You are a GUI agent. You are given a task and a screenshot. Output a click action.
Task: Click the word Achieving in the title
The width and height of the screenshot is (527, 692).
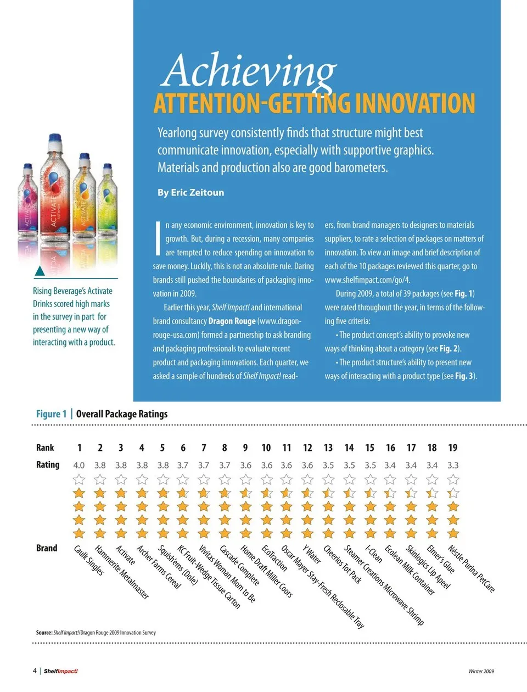pos(250,71)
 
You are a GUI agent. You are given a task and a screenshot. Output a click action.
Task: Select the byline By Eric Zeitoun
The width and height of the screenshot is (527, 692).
pos(190,193)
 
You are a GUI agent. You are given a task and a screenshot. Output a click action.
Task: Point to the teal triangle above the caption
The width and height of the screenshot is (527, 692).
pos(40,271)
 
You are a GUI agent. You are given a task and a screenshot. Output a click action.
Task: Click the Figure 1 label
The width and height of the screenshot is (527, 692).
pos(51,414)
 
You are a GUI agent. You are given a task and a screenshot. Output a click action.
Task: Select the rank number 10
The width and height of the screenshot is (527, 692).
pos(266,448)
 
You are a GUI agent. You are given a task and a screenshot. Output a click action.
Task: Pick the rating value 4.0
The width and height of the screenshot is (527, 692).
pos(79,465)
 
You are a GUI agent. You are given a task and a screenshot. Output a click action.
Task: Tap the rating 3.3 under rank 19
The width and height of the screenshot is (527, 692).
pos(453,465)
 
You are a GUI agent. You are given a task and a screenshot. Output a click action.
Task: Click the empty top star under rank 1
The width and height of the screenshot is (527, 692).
pos(79,479)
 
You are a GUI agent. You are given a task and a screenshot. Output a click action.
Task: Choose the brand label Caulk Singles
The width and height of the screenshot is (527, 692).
pos(89,561)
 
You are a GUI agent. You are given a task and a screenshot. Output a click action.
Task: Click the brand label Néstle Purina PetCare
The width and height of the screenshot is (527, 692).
pos(471,569)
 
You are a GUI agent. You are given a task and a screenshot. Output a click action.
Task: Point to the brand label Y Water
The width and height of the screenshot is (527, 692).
pos(312,554)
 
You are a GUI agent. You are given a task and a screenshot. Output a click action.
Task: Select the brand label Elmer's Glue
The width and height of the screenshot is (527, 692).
pos(441,559)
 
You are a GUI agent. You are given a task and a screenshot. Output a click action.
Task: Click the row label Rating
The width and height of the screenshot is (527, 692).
pos(48,465)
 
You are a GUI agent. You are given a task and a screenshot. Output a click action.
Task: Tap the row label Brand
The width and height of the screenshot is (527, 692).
pos(47,548)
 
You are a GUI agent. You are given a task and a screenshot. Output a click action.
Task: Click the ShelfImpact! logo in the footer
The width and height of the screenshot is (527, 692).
pos(60,671)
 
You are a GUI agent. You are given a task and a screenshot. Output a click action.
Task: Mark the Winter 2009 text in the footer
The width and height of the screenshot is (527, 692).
pos(481,671)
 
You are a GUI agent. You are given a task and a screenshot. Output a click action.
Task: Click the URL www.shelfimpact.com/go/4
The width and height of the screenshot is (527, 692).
pos(367,280)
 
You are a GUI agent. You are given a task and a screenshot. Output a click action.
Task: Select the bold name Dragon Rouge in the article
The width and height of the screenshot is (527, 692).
pos(232,321)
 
